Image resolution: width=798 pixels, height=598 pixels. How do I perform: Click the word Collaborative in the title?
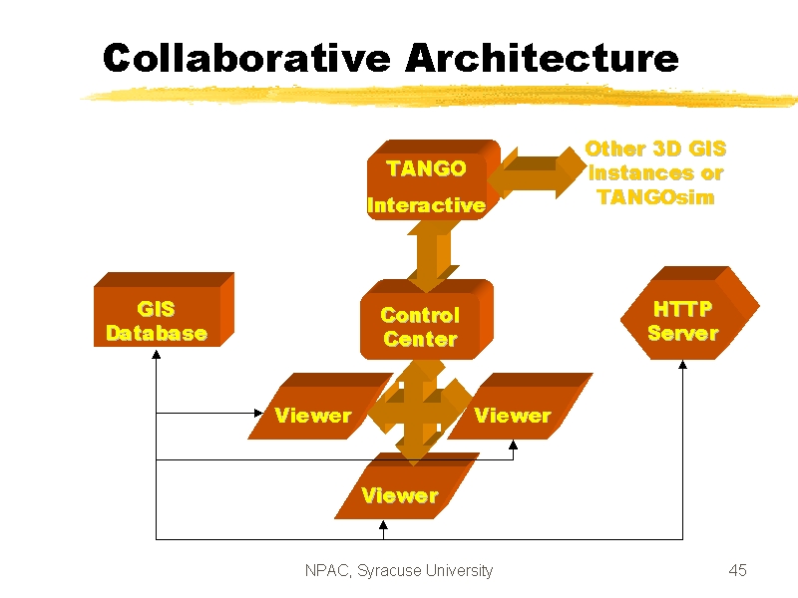246,58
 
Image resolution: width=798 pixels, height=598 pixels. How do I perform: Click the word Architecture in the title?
542,58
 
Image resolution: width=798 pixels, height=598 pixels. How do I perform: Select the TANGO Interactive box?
434,180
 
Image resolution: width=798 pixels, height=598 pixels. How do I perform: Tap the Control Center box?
427,320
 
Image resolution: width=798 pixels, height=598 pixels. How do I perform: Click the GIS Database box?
164,310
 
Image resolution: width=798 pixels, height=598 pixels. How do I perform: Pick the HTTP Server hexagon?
690,313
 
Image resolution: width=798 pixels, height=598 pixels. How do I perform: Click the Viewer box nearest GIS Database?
320,406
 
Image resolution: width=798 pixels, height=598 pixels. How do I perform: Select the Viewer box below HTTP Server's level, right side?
520,406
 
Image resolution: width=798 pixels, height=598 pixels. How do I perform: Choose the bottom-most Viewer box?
407,485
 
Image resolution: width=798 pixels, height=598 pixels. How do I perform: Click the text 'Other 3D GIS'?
655,149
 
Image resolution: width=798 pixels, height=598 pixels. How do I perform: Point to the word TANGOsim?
656,196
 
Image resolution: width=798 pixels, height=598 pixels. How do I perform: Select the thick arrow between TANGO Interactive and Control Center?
433,256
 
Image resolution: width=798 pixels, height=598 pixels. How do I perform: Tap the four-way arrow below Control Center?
419,411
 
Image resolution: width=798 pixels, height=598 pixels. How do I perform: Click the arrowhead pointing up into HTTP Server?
682,364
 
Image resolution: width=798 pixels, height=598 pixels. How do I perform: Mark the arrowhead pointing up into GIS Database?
157,355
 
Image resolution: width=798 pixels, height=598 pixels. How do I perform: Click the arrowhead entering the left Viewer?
258,413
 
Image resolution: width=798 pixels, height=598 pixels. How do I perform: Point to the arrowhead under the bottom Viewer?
383,524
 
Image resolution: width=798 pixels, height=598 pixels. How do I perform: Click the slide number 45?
737,570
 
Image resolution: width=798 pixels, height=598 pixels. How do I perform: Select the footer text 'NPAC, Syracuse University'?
399,570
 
